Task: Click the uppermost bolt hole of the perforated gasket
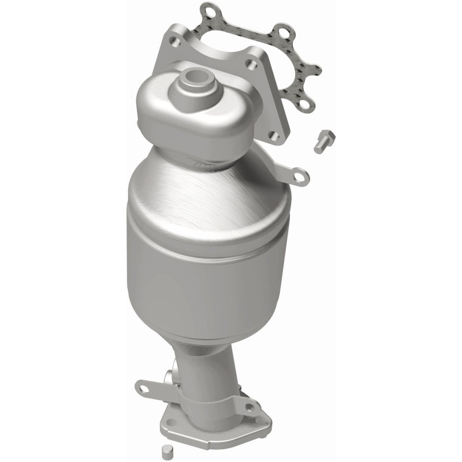click(208, 10)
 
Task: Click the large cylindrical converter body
click(208, 248)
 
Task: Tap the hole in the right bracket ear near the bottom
click(249, 408)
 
